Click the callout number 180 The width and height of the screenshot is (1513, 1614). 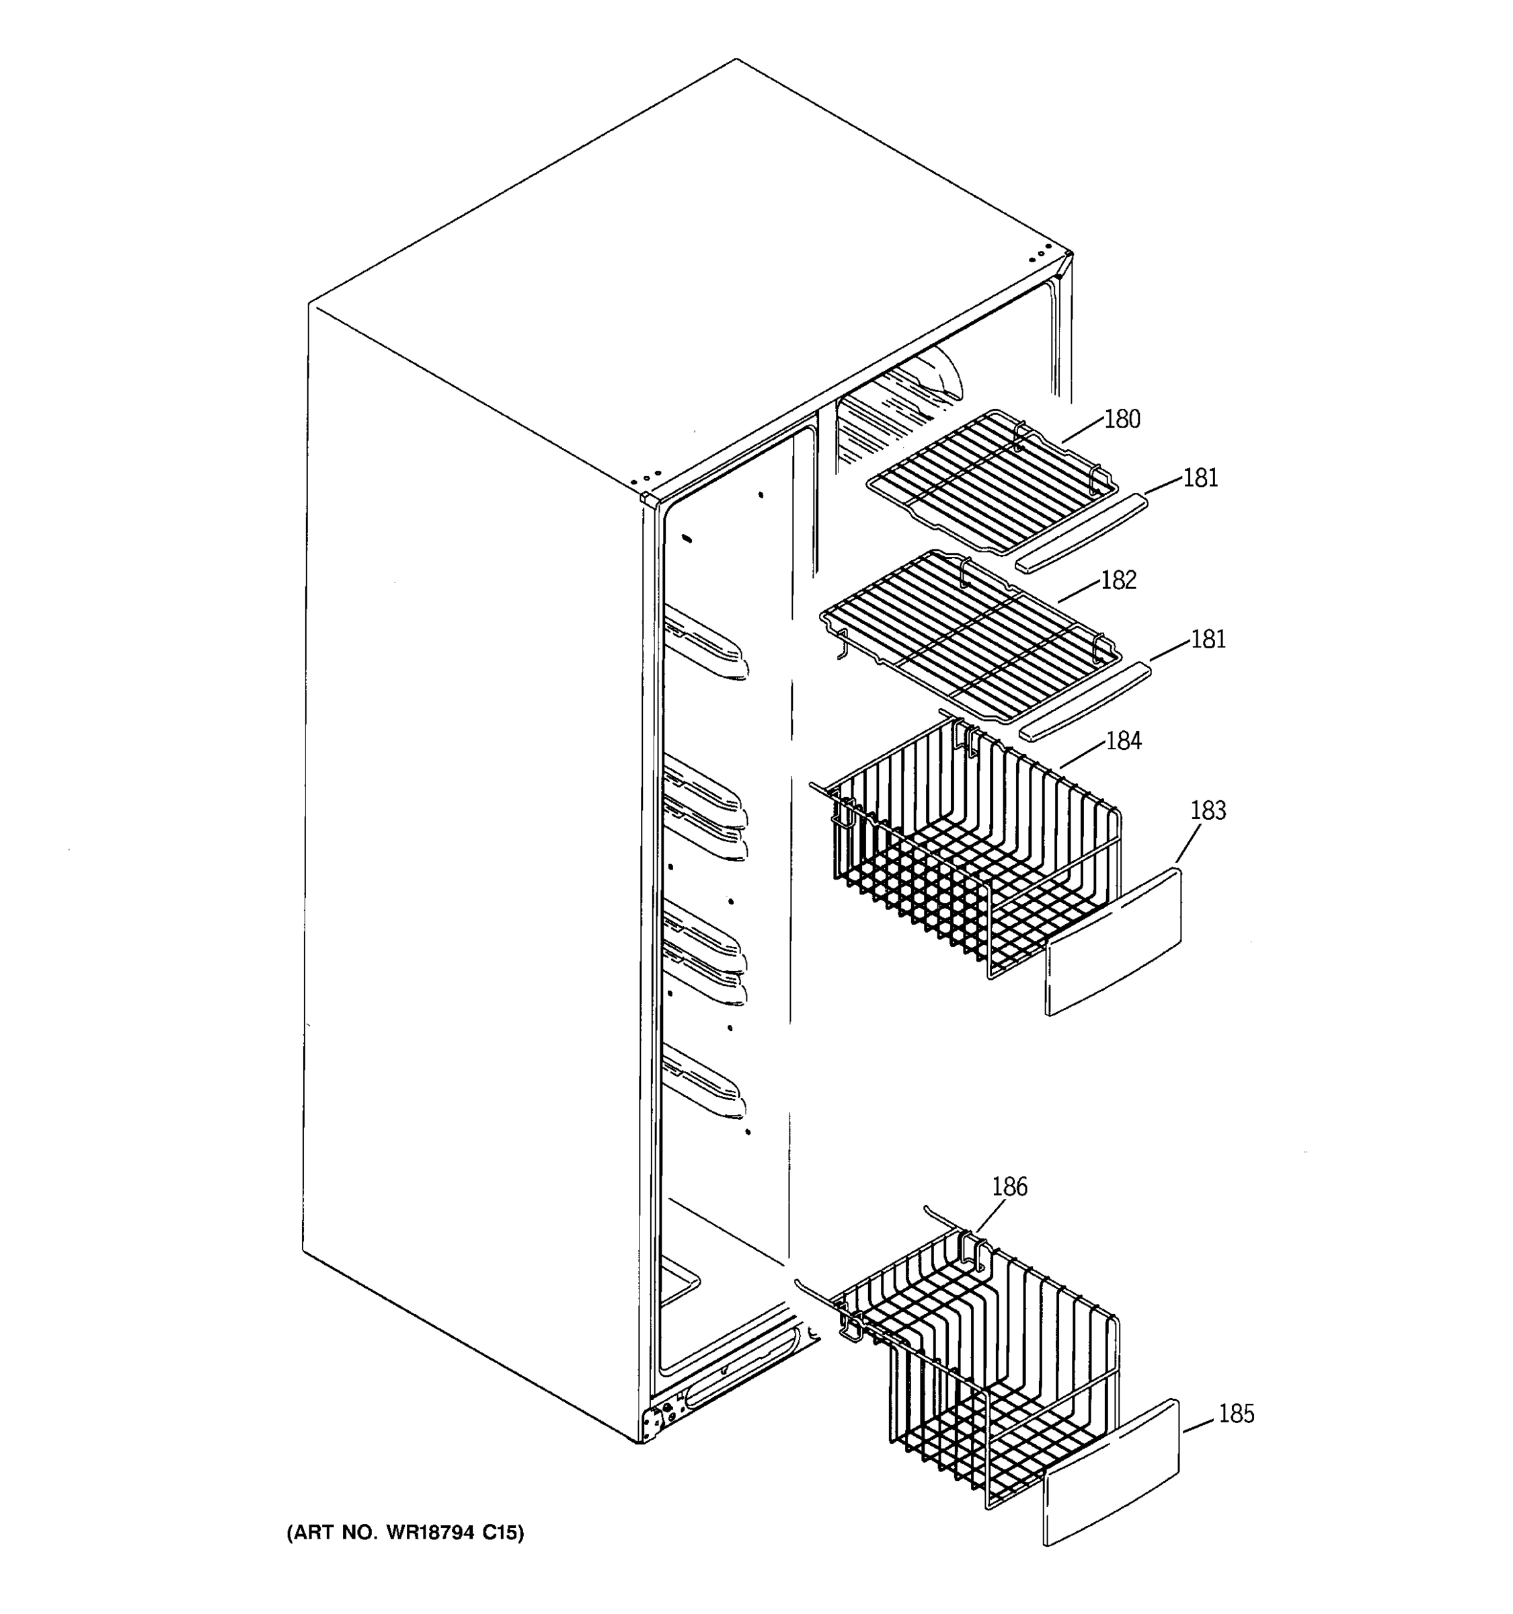1122,420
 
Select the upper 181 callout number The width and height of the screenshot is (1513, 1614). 1200,478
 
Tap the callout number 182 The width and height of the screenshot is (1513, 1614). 1118,580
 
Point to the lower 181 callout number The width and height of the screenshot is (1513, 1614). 1208,640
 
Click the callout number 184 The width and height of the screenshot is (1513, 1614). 1124,741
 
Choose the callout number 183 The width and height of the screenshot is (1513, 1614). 1208,810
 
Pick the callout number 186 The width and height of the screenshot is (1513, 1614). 1009,1187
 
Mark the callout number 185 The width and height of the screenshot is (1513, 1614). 1236,1414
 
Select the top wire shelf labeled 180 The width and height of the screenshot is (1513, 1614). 991,479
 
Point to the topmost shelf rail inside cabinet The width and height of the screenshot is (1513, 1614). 705,642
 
